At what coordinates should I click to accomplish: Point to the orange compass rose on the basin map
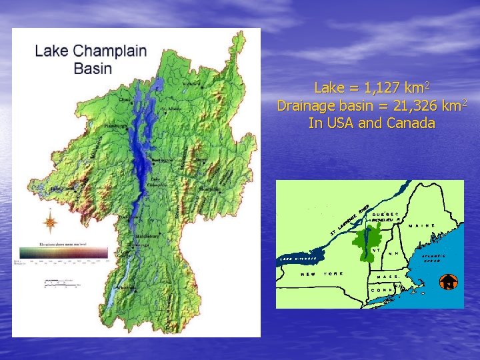click(49, 221)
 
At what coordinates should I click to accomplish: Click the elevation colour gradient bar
click(63, 253)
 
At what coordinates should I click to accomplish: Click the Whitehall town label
click(129, 288)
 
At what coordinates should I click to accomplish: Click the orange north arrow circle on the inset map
click(449, 282)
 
